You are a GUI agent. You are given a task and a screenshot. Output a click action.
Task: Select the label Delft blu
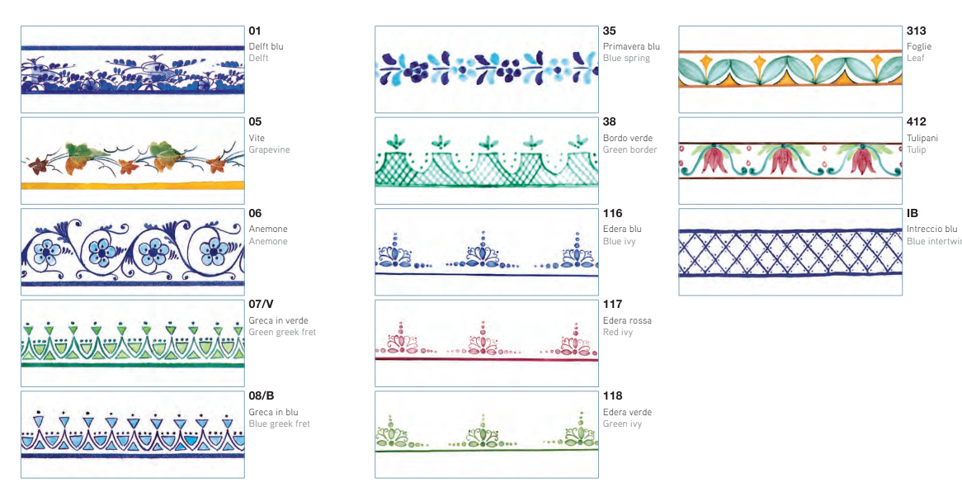(x=266, y=47)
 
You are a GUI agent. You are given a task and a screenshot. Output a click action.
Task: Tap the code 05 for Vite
(x=255, y=122)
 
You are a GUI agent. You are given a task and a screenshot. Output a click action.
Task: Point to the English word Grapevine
(x=269, y=150)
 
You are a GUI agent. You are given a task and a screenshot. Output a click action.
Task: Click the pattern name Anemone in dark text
(x=268, y=230)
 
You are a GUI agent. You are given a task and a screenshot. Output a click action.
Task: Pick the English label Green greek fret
(x=282, y=333)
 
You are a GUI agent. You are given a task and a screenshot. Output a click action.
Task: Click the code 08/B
(x=262, y=396)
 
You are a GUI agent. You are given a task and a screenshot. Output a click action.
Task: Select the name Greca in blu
(x=273, y=412)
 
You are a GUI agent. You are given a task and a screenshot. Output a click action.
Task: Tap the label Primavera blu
(x=631, y=47)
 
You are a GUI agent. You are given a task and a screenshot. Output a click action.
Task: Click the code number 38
(x=609, y=122)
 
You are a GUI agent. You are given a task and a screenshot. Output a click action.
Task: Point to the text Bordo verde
(x=628, y=139)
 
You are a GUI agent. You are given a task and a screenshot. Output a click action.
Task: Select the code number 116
(x=612, y=214)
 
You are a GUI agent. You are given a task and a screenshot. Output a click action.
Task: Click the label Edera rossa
(x=627, y=321)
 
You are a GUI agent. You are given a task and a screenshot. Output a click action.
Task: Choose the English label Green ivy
(x=622, y=424)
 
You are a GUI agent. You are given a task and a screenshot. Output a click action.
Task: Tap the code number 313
(x=916, y=31)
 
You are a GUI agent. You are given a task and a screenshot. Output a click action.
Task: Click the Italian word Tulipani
(x=922, y=139)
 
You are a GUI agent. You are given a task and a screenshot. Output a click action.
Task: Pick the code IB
(x=912, y=214)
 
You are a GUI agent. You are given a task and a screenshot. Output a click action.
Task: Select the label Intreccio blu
(x=931, y=230)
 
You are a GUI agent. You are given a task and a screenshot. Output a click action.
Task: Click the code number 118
(x=612, y=396)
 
